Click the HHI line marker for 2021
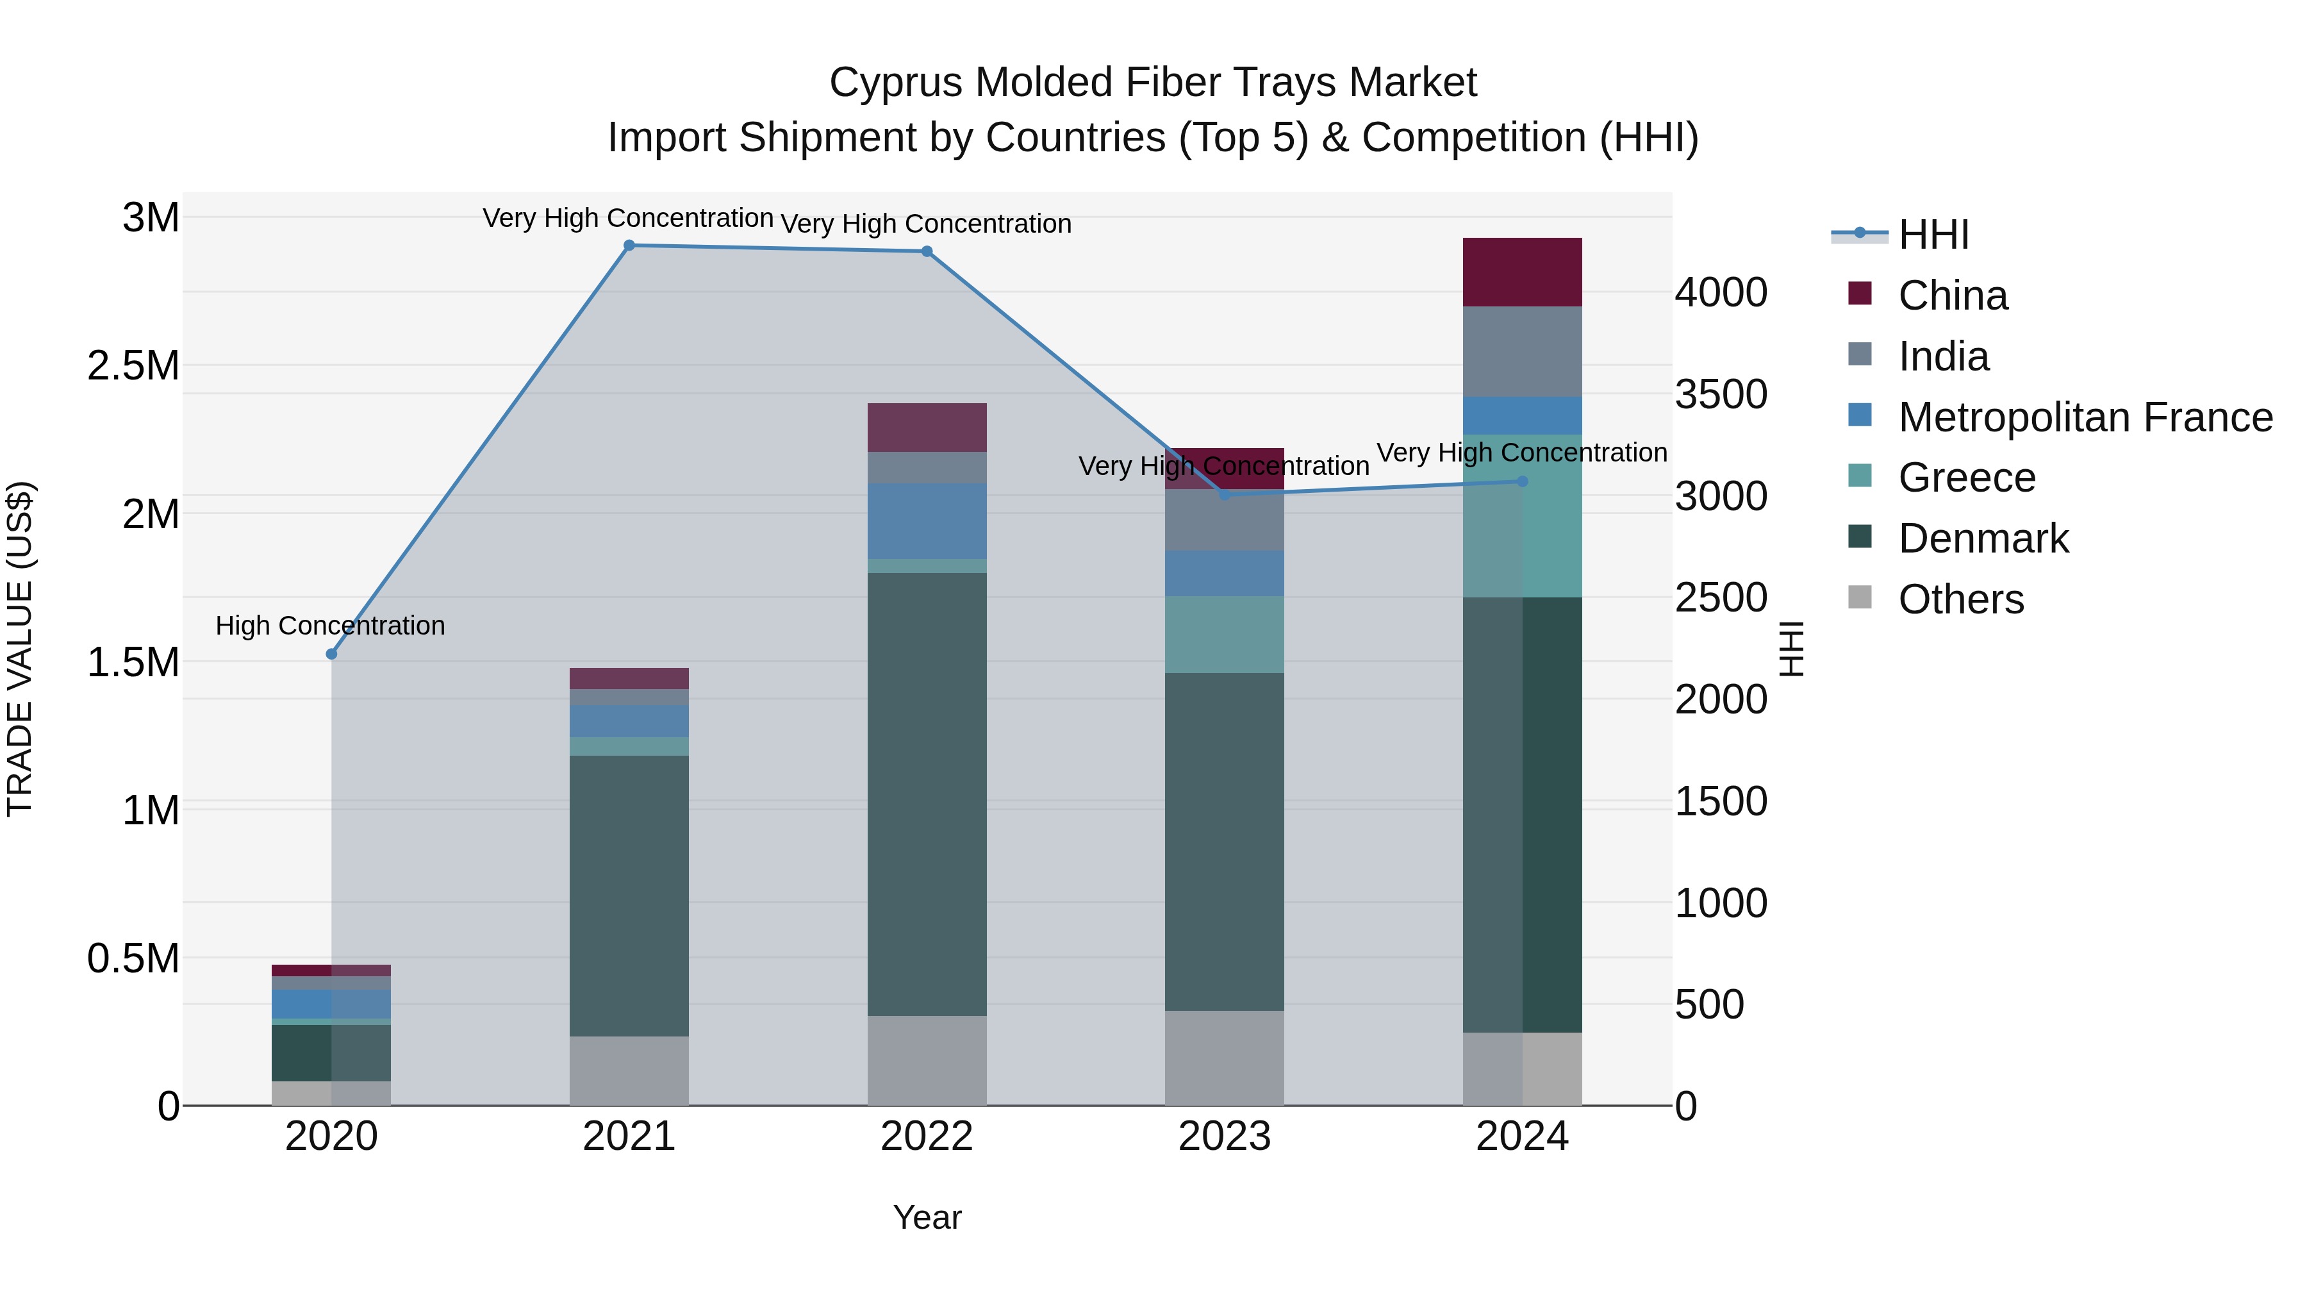click(x=629, y=245)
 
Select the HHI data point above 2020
click(x=331, y=654)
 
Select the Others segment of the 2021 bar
click(x=629, y=1070)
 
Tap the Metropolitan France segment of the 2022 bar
click(x=927, y=521)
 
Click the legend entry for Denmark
click(x=1982, y=538)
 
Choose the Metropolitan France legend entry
click(x=2084, y=417)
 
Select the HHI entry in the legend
click(x=1933, y=235)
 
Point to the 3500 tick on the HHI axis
click(x=1721, y=395)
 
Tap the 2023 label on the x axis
click(x=1224, y=1136)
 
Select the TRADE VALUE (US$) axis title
click(x=20, y=649)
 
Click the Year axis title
click(x=927, y=1217)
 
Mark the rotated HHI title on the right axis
click(x=1790, y=649)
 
